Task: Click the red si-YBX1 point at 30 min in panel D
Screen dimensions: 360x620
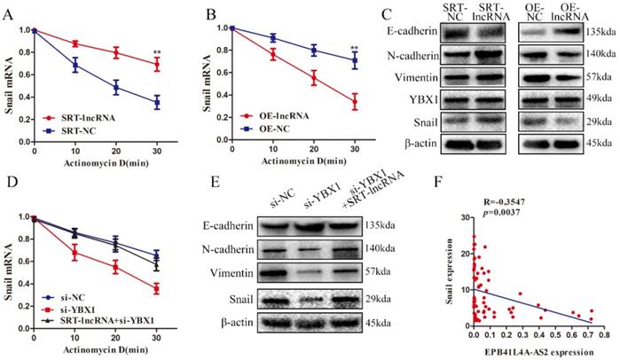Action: point(159,289)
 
